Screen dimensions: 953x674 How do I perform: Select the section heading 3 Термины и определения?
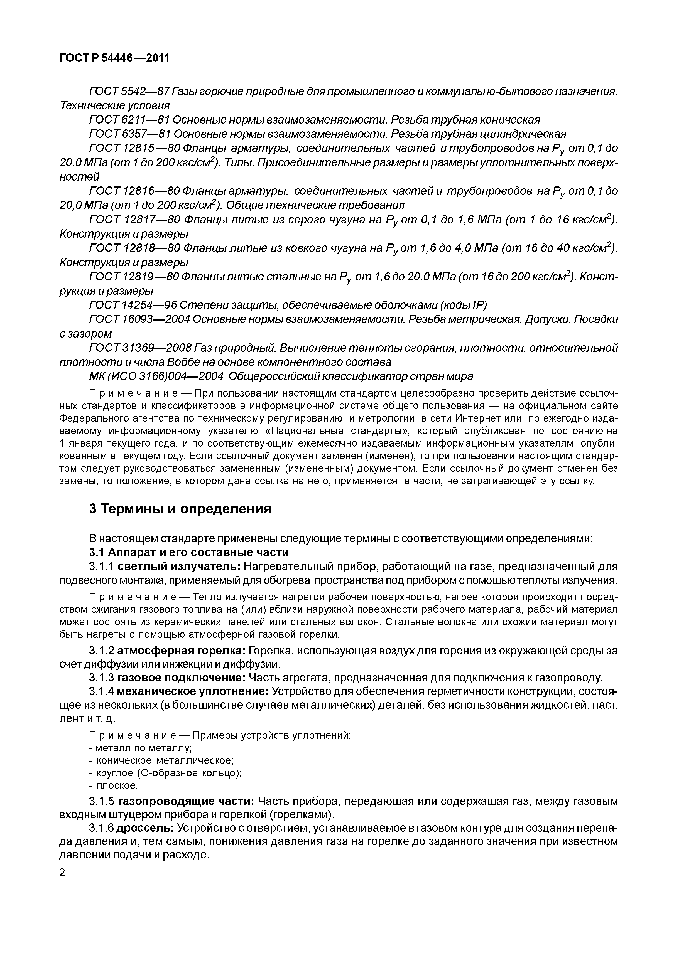pos(180,509)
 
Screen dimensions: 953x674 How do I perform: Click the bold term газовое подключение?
pos(182,678)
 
